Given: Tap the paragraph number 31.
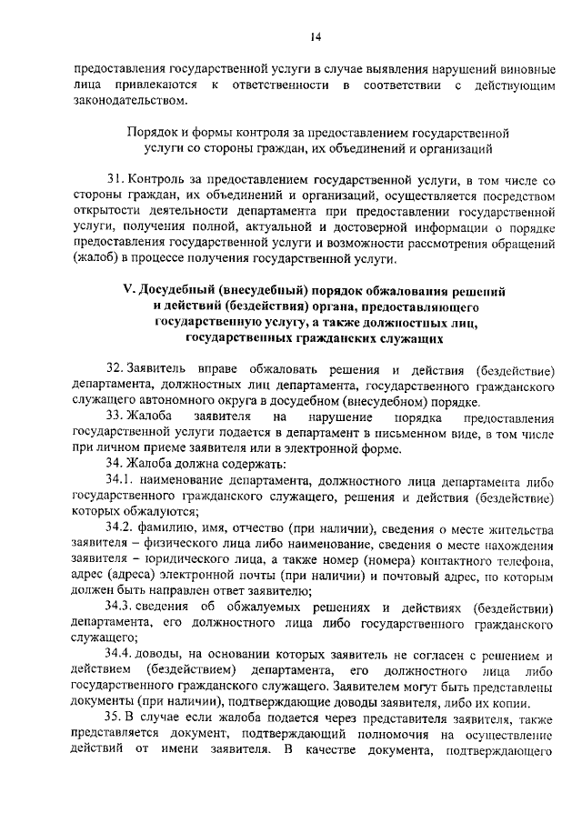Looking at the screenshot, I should (113, 180).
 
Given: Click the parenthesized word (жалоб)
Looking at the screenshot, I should (94, 258).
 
